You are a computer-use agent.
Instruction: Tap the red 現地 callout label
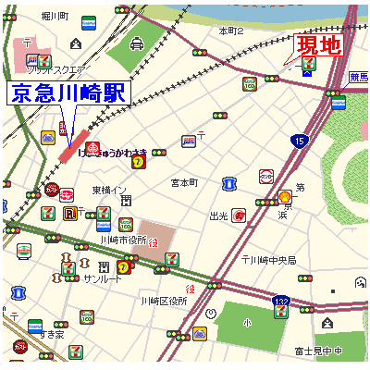[318, 44]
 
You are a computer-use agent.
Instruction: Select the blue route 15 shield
[298, 141]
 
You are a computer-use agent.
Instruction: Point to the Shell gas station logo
[285, 197]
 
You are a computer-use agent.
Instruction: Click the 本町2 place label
[230, 31]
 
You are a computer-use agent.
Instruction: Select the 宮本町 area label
[184, 182]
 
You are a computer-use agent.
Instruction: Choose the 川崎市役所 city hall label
[123, 241]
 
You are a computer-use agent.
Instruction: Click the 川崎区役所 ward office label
[164, 301]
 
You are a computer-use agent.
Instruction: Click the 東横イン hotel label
[108, 190]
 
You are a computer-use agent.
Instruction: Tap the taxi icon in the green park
[137, 43]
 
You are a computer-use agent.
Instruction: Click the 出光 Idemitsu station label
[218, 216]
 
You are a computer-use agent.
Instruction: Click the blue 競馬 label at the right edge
[359, 78]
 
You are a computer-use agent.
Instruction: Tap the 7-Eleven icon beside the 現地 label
[309, 65]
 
